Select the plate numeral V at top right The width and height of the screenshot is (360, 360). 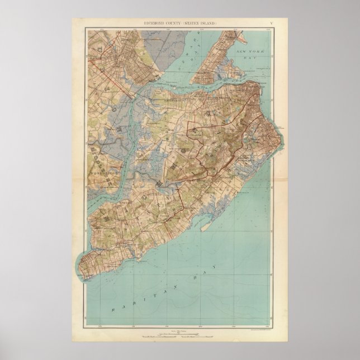[x=272, y=22]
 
